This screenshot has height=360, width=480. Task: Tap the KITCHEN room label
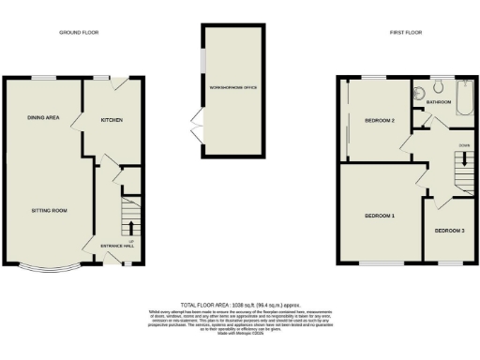point(112,121)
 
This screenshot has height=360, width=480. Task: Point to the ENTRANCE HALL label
point(117,247)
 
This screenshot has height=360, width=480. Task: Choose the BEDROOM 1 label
point(379,217)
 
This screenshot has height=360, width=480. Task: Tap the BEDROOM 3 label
point(449,230)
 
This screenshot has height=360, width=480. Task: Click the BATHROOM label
point(439,101)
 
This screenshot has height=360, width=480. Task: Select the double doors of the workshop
point(195,121)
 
